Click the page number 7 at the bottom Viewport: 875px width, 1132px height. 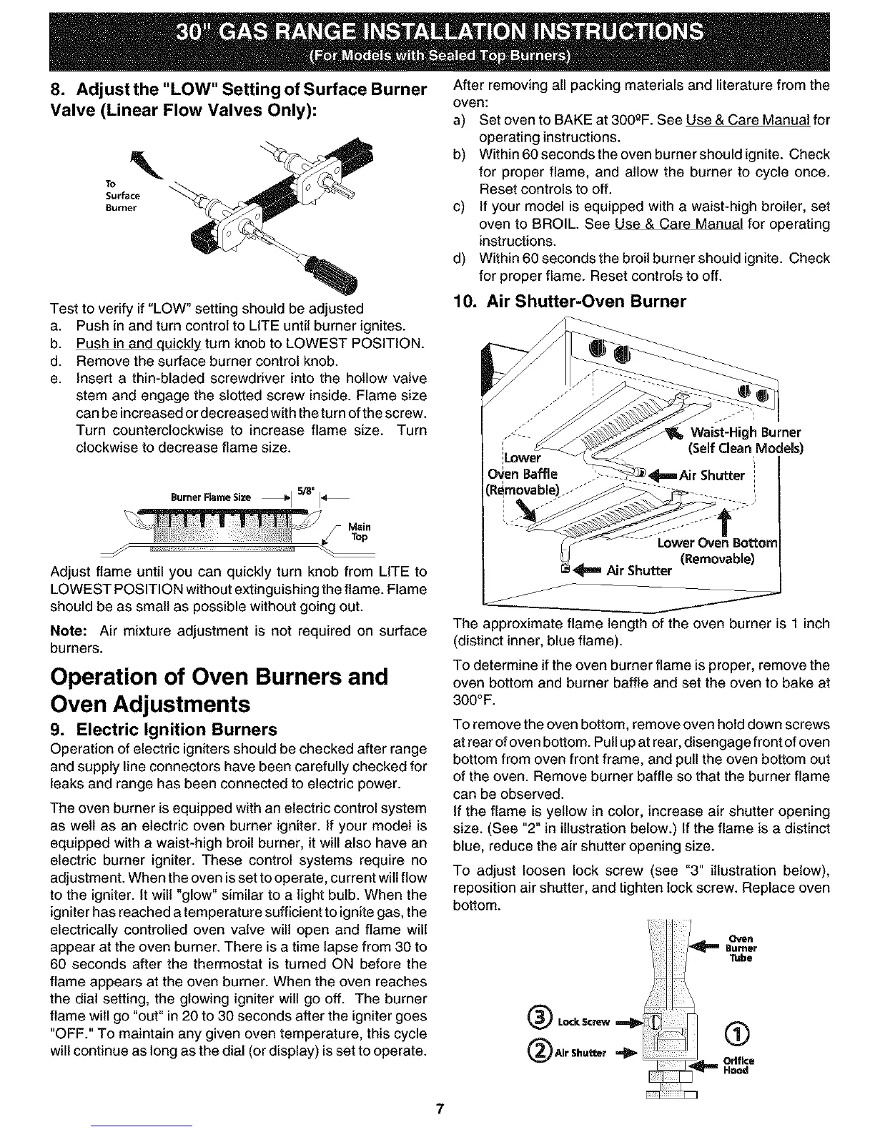click(x=440, y=1110)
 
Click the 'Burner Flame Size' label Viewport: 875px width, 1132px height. click(x=210, y=497)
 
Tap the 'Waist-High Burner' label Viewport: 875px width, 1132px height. click(x=746, y=432)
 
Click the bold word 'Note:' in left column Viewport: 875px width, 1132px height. click(x=69, y=631)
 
